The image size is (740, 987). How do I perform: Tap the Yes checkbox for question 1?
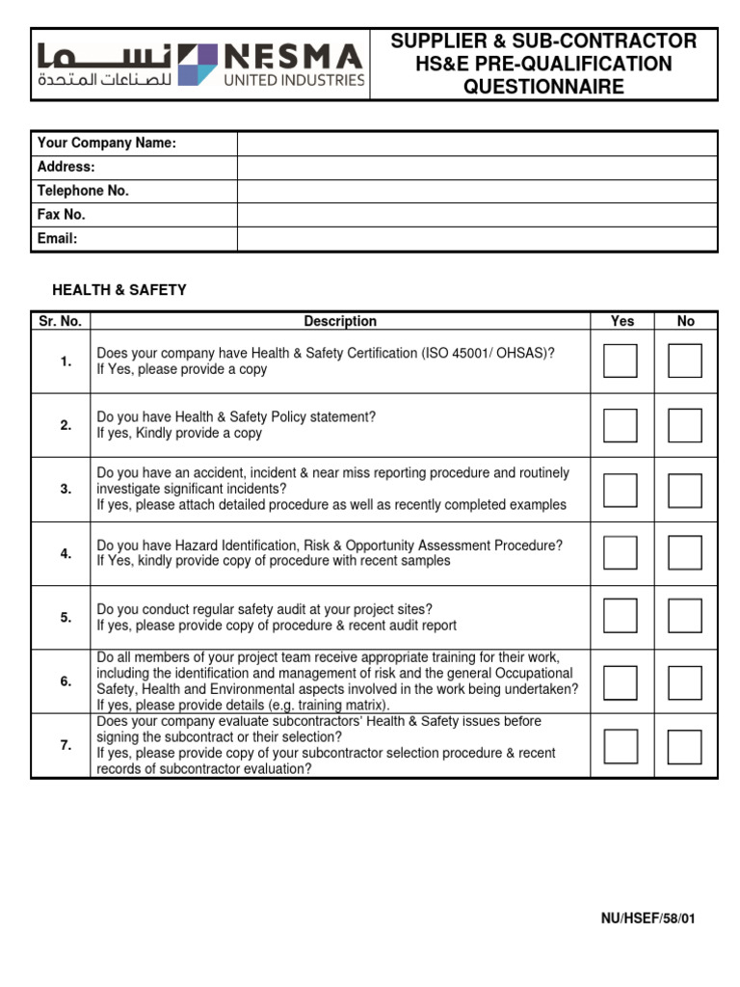(x=620, y=360)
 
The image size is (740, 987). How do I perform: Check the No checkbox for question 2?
(x=685, y=425)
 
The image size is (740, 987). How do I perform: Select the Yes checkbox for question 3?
(x=620, y=490)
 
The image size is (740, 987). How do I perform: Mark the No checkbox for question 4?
(x=685, y=553)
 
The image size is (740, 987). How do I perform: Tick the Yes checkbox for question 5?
(x=620, y=617)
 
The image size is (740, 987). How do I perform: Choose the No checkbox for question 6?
(x=685, y=681)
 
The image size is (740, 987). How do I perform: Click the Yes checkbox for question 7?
(x=620, y=746)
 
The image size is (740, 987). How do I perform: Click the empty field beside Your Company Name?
(x=476, y=144)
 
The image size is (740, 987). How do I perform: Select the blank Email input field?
(x=476, y=238)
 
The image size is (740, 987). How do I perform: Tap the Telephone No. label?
(x=83, y=191)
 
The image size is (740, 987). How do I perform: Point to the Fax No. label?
(x=62, y=215)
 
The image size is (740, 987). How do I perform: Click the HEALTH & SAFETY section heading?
(x=119, y=290)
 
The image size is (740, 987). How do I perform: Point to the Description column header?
(x=340, y=321)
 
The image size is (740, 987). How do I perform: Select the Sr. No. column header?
(x=60, y=321)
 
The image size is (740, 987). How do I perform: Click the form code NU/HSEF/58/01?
(x=647, y=919)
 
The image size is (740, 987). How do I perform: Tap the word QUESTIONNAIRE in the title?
(x=543, y=88)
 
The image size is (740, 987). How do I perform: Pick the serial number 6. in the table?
(x=66, y=681)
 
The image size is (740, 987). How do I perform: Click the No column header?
(x=685, y=321)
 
